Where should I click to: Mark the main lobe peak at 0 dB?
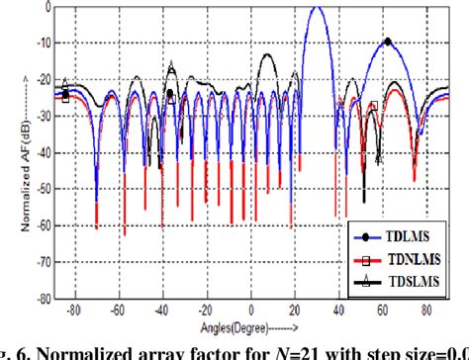point(316,8)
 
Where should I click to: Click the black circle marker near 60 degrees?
point(387,43)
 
